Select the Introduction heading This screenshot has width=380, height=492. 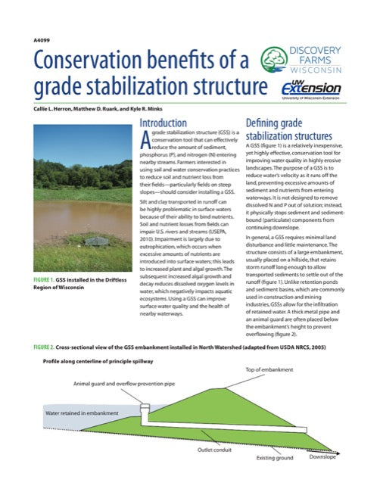(165, 123)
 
